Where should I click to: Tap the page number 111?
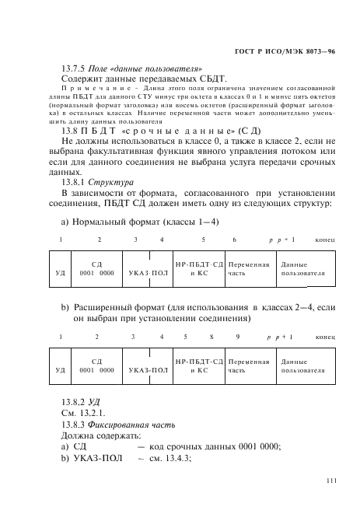(x=330, y=481)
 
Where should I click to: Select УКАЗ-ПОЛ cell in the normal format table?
(x=148, y=274)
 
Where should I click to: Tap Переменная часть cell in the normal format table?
(x=250, y=269)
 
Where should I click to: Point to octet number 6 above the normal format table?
(x=234, y=241)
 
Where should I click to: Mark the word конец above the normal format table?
(x=324, y=241)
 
